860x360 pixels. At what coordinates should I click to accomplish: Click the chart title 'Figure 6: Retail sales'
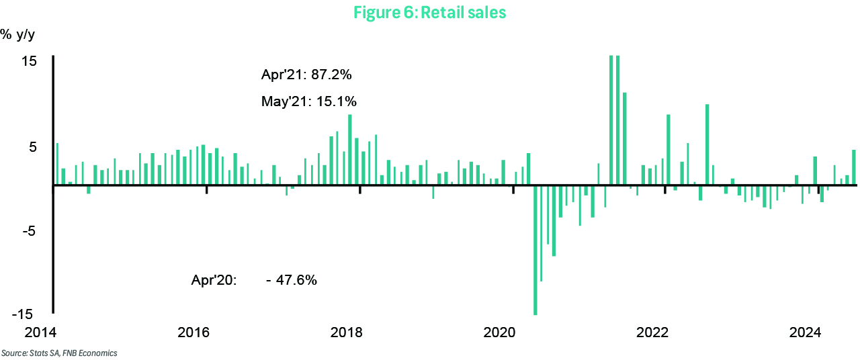[x=429, y=13]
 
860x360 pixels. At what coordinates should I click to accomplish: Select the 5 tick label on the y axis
[x=32, y=147]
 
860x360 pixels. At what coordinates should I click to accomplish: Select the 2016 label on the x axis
[x=193, y=333]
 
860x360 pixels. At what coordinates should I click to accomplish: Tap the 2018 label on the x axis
[x=347, y=333]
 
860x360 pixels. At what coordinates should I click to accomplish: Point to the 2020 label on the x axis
[x=499, y=333]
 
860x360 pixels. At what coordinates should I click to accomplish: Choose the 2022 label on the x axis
[x=652, y=333]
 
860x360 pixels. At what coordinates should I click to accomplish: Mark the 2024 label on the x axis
[x=805, y=333]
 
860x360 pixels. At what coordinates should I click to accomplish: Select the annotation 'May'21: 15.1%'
[x=308, y=102]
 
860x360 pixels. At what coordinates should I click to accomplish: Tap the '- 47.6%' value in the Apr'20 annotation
[x=292, y=280]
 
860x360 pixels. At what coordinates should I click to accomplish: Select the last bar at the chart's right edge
[x=854, y=167]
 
